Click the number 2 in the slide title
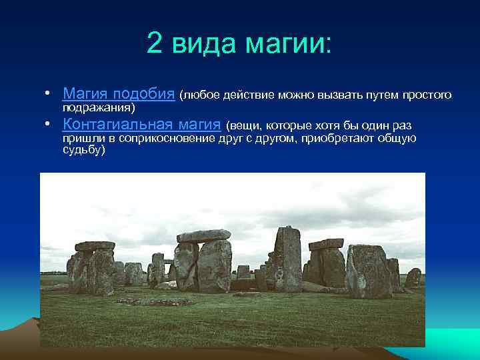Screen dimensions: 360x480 [154, 45]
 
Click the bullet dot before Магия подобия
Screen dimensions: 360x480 [49, 94]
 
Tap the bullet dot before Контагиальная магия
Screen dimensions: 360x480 [49, 125]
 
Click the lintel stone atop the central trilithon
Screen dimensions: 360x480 [204, 236]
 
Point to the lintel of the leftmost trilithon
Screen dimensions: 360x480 [95, 246]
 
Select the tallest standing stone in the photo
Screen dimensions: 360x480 [288, 258]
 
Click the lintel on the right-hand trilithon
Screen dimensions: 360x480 [326, 244]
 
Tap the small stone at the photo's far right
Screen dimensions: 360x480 [413, 277]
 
